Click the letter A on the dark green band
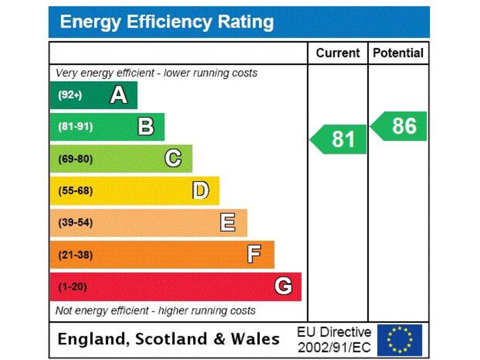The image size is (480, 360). [118, 95]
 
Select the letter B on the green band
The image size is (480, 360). [146, 127]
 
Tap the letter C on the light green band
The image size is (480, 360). [173, 159]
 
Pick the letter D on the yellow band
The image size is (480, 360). [201, 191]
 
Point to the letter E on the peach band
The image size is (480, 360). [228, 222]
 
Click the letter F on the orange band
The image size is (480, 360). [254, 254]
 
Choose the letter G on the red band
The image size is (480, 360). [283, 286]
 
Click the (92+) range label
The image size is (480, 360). [69, 95]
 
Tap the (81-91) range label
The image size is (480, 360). [75, 127]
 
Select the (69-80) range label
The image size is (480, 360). [75, 159]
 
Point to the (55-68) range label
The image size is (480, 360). [75, 191]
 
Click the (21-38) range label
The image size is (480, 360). [75, 255]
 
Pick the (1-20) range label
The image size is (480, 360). [72, 287]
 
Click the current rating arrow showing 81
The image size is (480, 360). [339, 139]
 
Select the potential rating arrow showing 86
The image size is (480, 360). [399, 126]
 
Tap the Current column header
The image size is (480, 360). [337, 53]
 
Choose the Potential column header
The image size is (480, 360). [398, 53]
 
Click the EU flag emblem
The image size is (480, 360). [399, 339]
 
